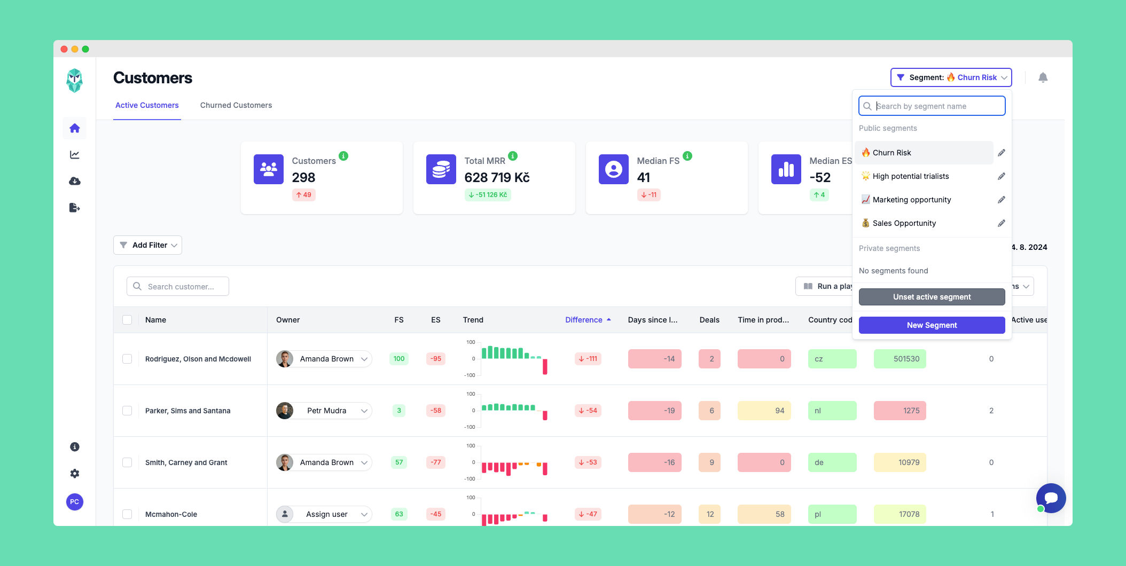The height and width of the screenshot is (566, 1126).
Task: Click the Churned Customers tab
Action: click(x=236, y=105)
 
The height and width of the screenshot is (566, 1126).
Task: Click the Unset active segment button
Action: click(x=932, y=297)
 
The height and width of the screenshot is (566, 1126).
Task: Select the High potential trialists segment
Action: click(x=910, y=176)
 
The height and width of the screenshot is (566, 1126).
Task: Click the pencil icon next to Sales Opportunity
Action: click(x=1001, y=223)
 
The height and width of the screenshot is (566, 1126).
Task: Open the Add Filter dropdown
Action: click(x=148, y=245)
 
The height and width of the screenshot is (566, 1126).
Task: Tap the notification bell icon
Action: click(x=1043, y=78)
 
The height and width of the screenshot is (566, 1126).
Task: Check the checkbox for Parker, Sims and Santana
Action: click(x=127, y=411)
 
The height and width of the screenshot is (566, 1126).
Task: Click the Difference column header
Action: click(x=583, y=320)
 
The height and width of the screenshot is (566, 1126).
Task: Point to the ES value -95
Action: click(x=436, y=359)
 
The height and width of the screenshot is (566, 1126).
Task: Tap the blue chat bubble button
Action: click(x=1051, y=498)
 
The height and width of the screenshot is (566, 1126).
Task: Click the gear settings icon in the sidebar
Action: click(x=75, y=474)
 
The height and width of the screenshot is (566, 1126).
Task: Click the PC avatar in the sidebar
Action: click(x=75, y=502)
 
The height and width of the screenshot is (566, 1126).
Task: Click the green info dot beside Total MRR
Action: click(x=513, y=156)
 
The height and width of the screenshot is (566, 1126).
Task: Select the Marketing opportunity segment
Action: click(x=911, y=200)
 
